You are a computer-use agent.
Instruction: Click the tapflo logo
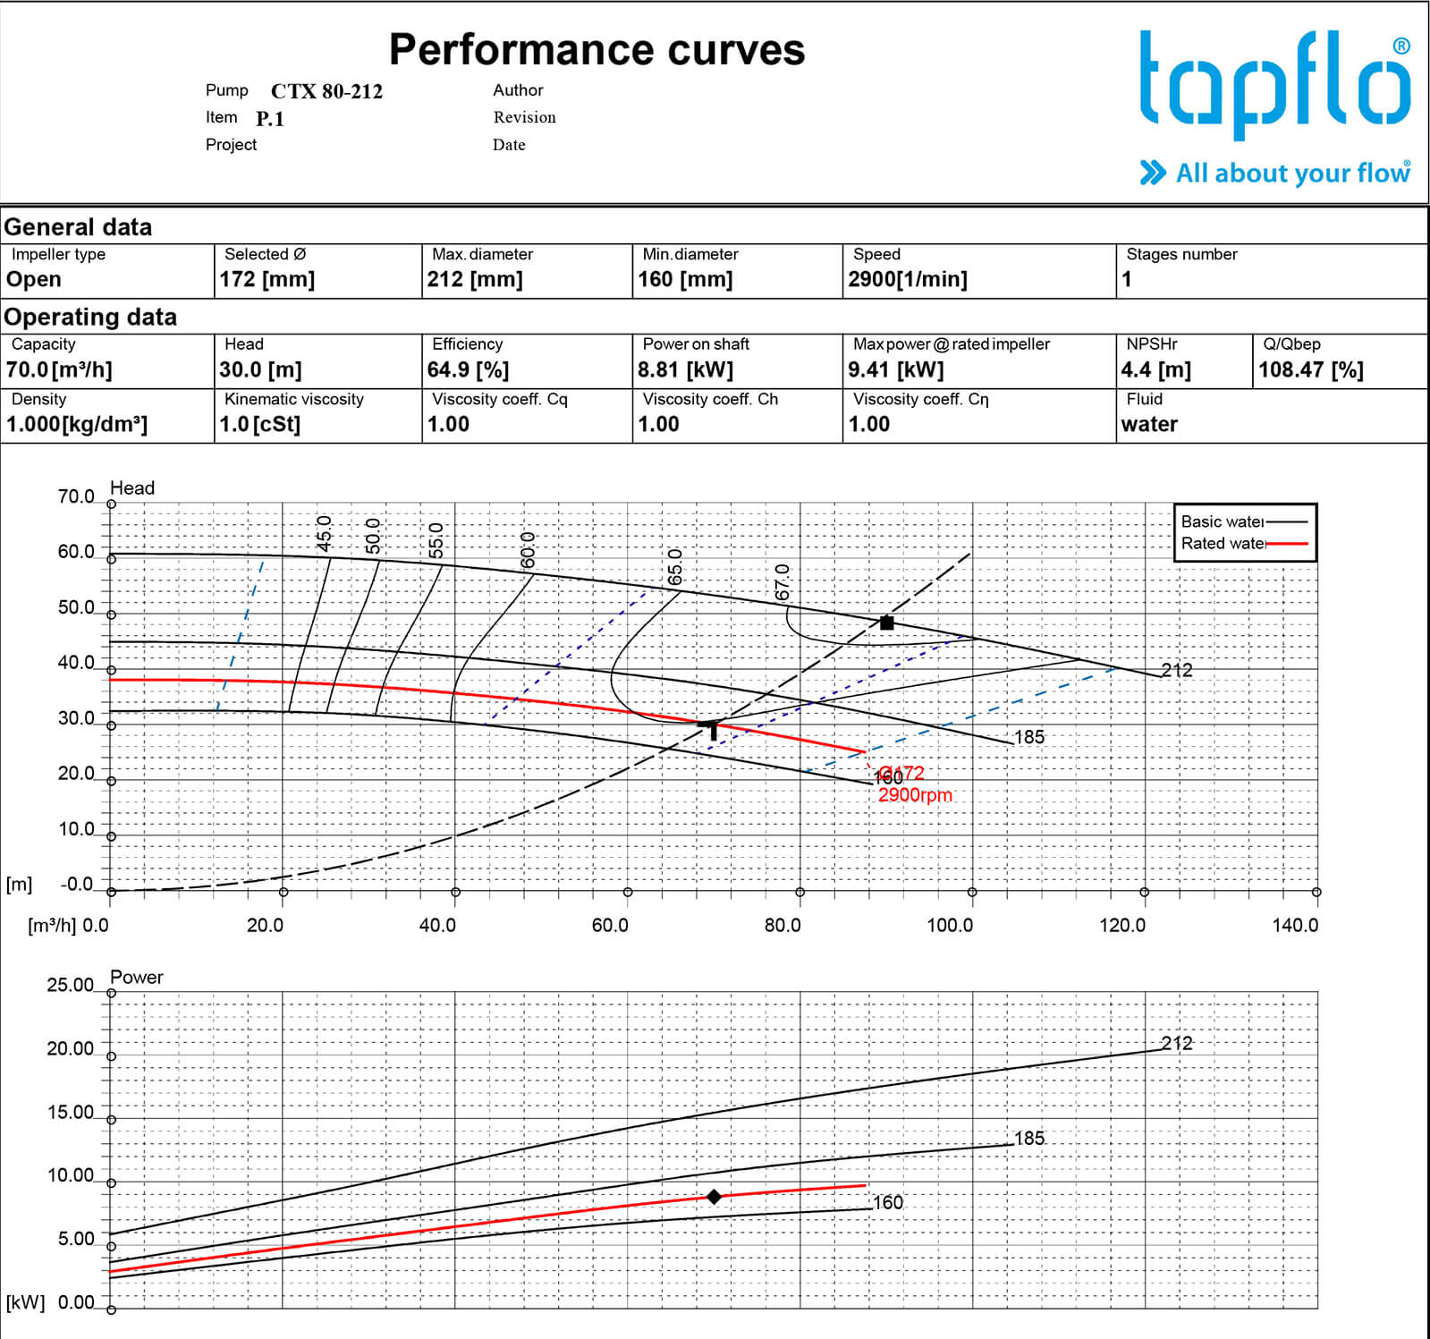point(1274,85)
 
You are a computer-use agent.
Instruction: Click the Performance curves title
point(597,50)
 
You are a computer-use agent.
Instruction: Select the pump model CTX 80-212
point(326,91)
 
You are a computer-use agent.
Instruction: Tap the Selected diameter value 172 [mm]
point(267,279)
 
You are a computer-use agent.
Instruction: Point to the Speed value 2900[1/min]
point(907,279)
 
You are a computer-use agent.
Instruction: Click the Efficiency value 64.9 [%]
point(467,369)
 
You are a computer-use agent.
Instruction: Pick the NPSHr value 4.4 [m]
point(1155,369)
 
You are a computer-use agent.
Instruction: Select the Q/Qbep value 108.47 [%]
point(1310,369)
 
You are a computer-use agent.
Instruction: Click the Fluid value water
point(1148,424)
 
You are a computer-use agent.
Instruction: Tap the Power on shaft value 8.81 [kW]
point(684,369)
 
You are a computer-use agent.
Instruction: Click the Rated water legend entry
point(1243,543)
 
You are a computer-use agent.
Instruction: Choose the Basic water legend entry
point(1243,521)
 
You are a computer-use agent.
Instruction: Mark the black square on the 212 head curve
point(886,623)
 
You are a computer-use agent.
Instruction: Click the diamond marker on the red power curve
point(714,1197)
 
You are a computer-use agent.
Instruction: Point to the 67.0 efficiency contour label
point(783,581)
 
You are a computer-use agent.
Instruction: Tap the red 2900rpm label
point(914,795)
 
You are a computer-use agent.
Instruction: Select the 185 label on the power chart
point(1028,1138)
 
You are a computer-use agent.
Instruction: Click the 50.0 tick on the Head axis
point(76,608)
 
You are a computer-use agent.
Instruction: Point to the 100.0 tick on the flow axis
point(949,925)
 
